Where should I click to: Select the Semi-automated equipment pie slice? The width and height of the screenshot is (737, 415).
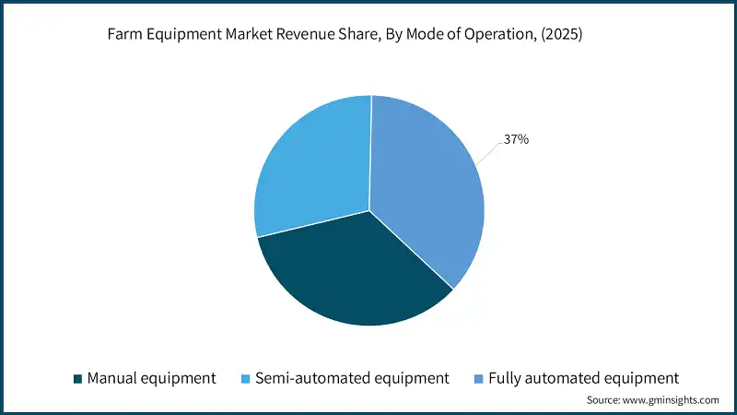pos(309,166)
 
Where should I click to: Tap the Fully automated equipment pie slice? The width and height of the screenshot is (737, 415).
pos(424,184)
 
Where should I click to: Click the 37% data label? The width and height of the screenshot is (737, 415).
pos(516,140)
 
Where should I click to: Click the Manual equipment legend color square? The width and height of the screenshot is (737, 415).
pos(77,378)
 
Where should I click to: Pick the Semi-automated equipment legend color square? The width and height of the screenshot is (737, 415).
pos(245,378)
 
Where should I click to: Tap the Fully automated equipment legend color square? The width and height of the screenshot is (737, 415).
pos(480,378)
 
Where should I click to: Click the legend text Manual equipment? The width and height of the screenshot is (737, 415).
pos(151,378)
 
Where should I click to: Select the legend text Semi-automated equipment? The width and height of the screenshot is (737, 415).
pos(352,378)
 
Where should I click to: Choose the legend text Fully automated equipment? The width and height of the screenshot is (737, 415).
pos(583,378)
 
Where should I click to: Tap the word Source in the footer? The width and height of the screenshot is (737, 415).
pos(604,400)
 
